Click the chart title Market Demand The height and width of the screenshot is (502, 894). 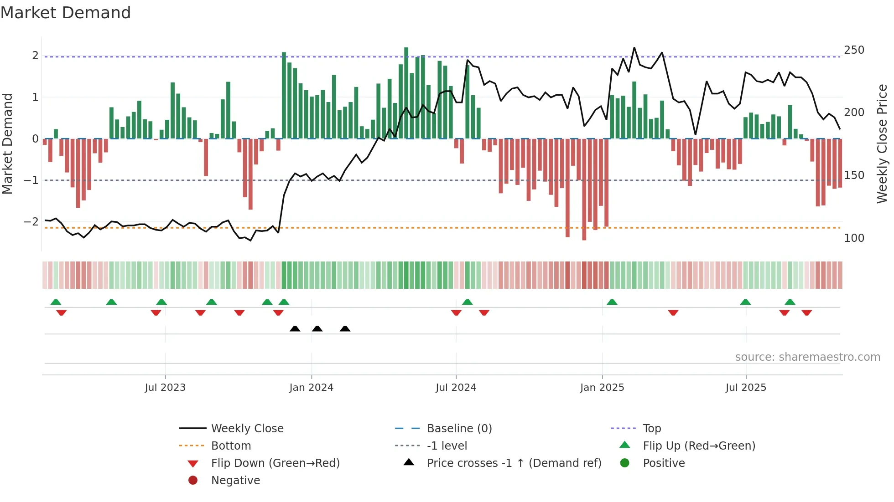pos(66,13)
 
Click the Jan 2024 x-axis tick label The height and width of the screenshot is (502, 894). pos(311,388)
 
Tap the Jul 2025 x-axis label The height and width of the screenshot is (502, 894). pos(746,388)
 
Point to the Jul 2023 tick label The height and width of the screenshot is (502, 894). pos(165,388)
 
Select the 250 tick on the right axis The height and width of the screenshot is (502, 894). pos(854,50)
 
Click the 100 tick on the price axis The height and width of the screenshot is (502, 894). pos(854,238)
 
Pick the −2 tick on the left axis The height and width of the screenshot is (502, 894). pos(31,222)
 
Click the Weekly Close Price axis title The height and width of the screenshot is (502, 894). pos(882,143)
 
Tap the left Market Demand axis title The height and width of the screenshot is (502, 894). pos(8,143)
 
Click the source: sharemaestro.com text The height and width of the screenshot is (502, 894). pos(807,357)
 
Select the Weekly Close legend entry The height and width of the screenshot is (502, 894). pos(247,429)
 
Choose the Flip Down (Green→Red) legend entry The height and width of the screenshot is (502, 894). pos(275,463)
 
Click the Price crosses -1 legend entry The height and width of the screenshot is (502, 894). pos(514,463)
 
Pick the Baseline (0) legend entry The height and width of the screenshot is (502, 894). pos(459,429)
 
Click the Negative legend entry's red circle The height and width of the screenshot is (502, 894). pos(193,481)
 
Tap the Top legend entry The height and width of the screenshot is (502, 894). pos(651,429)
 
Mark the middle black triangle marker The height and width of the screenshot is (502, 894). pos(317,328)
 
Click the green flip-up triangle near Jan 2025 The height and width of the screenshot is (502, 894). pos(612,302)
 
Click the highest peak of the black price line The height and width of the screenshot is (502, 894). pos(634,48)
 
